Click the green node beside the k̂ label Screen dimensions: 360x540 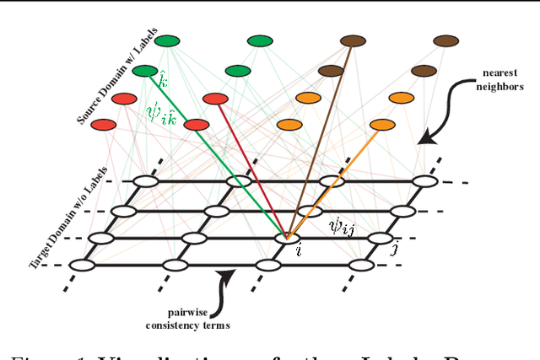145,71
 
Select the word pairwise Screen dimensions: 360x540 207,311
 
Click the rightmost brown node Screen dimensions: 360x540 445,40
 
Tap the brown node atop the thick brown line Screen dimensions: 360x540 353,40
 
